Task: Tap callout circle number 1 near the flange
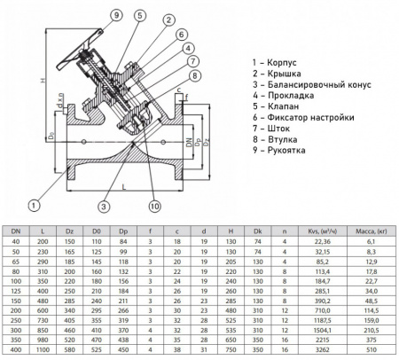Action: pos(34,207)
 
